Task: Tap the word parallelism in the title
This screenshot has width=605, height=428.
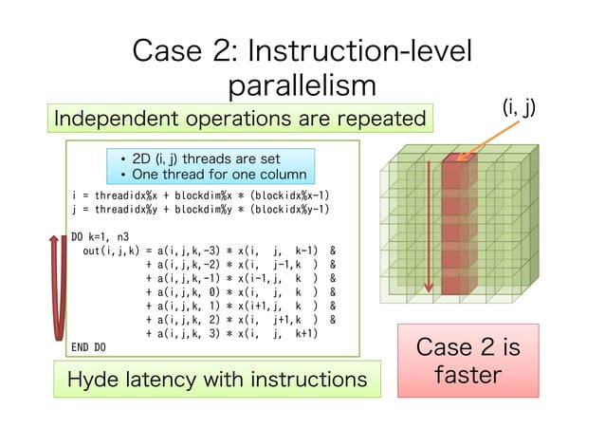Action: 302,85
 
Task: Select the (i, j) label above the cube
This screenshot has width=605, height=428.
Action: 518,108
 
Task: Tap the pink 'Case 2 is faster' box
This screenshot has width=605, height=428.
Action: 467,361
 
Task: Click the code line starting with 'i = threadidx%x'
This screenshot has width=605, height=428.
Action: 200,196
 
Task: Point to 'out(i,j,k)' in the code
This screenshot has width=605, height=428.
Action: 112,251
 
